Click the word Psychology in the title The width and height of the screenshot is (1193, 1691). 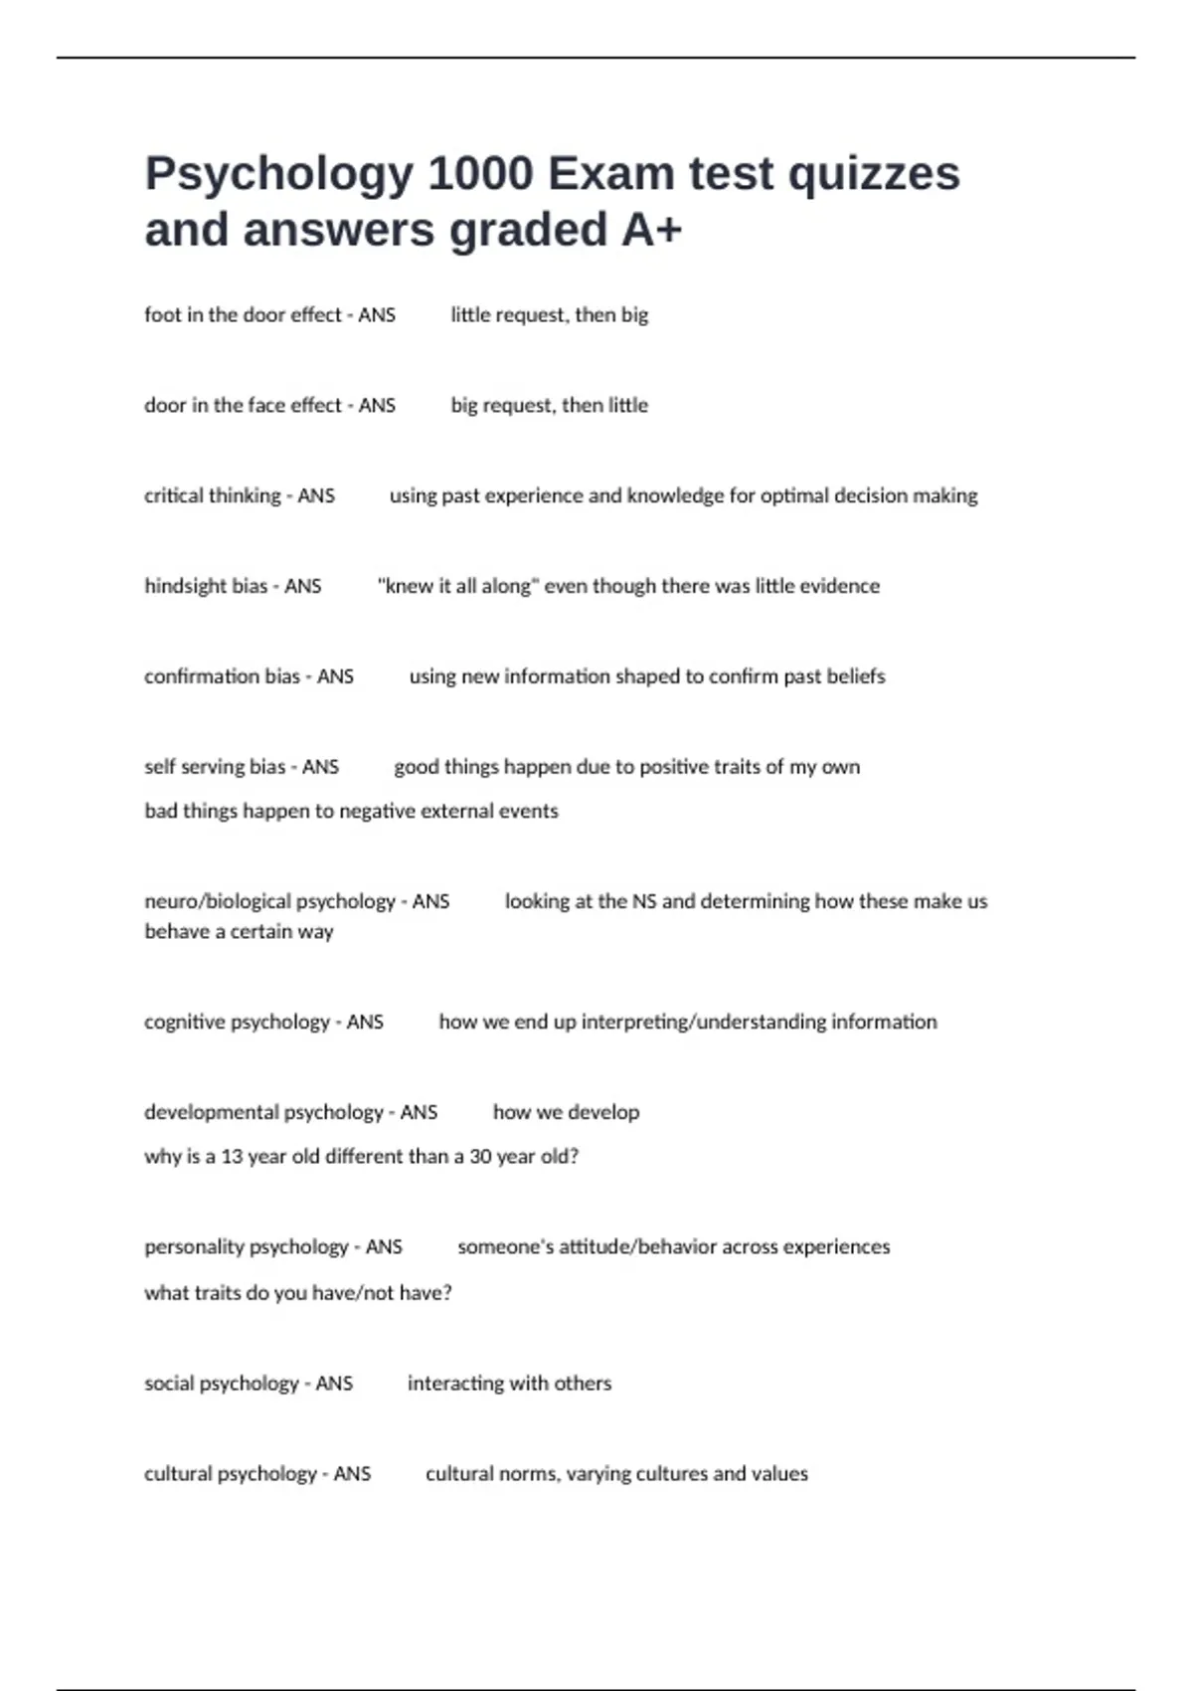[278, 175]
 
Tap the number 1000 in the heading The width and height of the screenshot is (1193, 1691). [480, 174]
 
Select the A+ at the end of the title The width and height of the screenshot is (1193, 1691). [652, 230]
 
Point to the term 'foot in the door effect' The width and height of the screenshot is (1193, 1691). [243, 315]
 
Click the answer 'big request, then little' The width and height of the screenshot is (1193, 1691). [549, 406]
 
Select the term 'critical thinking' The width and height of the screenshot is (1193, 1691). [213, 496]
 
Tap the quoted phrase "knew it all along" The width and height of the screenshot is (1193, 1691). [458, 587]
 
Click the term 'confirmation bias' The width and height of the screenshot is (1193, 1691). [222, 677]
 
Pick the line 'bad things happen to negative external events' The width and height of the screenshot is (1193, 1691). [351, 812]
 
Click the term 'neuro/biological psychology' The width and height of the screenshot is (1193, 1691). [269, 902]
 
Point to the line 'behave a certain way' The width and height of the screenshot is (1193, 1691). [239, 932]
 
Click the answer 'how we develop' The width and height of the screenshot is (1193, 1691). [566, 1113]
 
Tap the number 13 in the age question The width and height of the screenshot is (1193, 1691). [232, 1157]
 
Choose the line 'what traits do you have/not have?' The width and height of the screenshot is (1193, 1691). [297, 1293]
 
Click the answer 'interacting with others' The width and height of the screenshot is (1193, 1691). [509, 1384]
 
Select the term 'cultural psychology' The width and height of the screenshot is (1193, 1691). [231, 1474]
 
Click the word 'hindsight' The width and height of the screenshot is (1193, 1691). [186, 587]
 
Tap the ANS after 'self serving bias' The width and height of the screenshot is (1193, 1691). [320, 768]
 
